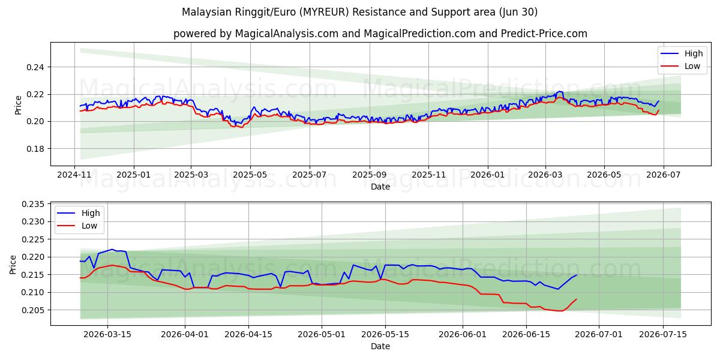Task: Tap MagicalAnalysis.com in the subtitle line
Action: coord(287,34)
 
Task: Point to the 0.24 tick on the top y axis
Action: coord(35,67)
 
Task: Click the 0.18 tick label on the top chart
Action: coord(35,149)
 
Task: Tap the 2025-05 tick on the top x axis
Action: coord(250,175)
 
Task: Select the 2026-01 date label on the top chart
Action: coord(488,175)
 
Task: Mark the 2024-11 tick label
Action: coord(74,175)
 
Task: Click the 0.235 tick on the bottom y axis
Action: coord(33,205)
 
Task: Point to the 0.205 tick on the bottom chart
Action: coord(33,311)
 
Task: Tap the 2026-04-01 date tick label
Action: coord(185,335)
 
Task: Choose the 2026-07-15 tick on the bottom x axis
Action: coord(663,335)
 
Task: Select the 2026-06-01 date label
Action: coord(463,335)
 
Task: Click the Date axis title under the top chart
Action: coord(380,187)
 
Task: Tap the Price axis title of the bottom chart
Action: coord(13,265)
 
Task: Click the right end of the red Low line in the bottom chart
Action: coord(577,299)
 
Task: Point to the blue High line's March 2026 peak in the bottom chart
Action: coord(112,250)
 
